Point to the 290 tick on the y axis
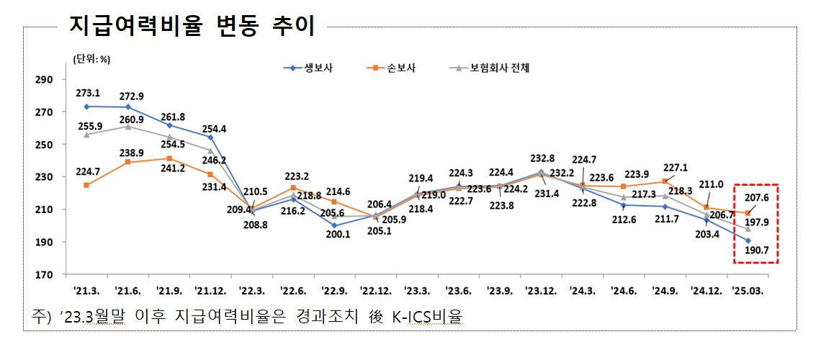click(44, 79)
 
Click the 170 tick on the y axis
click(44, 275)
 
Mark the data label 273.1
click(87, 93)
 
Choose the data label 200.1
click(336, 234)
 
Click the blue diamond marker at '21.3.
click(86, 107)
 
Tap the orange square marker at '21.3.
click(86, 185)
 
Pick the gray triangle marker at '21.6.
click(128, 127)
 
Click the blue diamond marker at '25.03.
click(748, 240)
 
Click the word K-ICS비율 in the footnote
click(424, 317)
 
